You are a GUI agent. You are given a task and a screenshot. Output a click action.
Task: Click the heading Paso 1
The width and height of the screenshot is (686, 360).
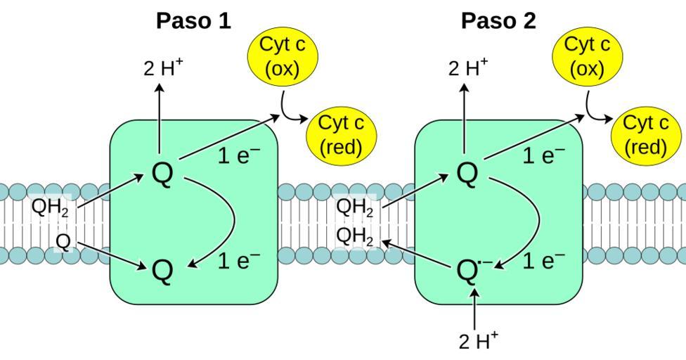pos(193,21)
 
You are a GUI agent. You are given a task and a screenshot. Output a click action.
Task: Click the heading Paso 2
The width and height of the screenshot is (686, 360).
pos(498,21)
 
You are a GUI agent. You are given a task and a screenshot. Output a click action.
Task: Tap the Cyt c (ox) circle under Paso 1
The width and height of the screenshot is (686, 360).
pos(283,56)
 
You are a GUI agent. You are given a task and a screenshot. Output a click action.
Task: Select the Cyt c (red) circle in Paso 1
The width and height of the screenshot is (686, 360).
pos(341,135)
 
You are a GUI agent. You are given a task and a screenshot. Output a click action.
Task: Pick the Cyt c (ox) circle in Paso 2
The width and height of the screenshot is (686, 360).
pos(587,56)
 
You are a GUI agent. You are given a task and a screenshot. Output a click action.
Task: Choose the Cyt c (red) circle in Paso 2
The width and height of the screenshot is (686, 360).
pos(646,135)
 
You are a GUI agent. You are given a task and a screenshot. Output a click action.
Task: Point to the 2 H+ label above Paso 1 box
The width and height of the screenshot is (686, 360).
pos(163,68)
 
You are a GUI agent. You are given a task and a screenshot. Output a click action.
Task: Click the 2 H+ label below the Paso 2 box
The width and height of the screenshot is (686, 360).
pos(479,341)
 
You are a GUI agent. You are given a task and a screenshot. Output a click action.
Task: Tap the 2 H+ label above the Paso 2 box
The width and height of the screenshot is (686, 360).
pos(468,68)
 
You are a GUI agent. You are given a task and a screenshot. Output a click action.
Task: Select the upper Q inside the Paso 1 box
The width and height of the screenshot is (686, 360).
pos(162,174)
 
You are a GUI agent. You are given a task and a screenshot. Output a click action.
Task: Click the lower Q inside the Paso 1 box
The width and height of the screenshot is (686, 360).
pos(162,271)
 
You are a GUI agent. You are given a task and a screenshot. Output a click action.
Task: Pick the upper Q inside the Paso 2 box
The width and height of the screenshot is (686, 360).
pos(467,174)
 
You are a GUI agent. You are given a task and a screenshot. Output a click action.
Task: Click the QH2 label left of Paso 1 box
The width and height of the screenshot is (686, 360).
pos(50,208)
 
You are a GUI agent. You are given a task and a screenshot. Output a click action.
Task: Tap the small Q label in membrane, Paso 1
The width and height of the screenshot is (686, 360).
pos(63,242)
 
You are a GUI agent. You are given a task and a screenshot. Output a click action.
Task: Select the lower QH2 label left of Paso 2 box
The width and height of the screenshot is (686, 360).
pos(355,236)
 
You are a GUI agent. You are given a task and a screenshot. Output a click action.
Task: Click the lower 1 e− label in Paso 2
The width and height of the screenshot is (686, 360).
pos(543,262)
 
